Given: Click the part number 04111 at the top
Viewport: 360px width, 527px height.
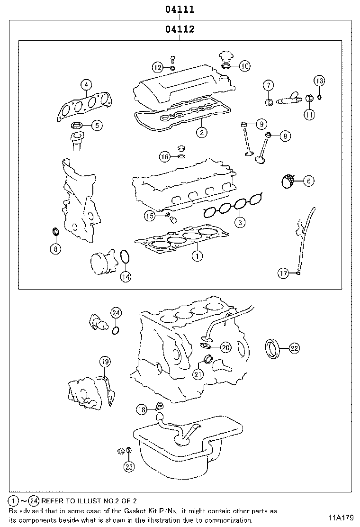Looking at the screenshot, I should (x=180, y=9).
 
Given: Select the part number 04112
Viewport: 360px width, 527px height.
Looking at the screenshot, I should (x=180, y=30).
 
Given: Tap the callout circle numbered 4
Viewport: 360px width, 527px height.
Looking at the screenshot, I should (x=86, y=85).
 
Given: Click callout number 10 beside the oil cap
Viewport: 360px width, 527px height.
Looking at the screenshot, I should (x=244, y=66).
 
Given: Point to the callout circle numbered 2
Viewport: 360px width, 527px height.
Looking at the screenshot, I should (x=202, y=133).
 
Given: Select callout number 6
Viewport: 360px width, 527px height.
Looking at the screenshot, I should (x=308, y=181).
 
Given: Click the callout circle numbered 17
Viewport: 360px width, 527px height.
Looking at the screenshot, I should (x=283, y=273).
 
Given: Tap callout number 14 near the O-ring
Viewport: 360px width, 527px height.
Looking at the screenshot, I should (x=125, y=277).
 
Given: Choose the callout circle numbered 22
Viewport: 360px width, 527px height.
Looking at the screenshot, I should (x=294, y=349).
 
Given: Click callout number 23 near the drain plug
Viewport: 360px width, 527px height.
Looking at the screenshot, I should (x=129, y=466).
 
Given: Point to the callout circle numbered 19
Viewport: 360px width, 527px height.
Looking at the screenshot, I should (x=105, y=362).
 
